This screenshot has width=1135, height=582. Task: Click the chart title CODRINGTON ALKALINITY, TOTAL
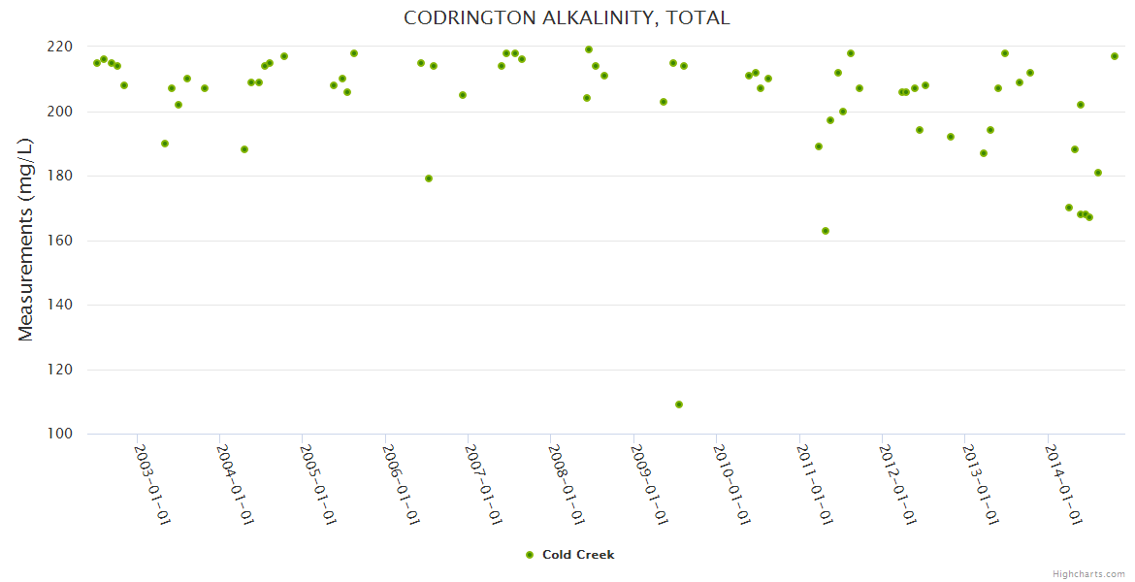point(567,18)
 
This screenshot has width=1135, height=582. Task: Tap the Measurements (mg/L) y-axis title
point(26,240)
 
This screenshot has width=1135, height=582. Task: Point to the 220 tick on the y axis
point(60,47)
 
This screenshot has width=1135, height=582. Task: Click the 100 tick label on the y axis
point(60,434)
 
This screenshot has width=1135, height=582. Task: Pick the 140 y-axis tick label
point(60,305)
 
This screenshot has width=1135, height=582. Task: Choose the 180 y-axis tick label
point(60,176)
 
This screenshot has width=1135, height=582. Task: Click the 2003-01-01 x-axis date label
point(152,485)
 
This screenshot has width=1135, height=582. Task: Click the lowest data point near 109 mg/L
point(679,404)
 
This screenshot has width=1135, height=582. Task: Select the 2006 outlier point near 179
point(429,178)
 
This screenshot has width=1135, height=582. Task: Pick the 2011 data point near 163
point(826,231)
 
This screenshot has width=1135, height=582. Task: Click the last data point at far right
point(1115,56)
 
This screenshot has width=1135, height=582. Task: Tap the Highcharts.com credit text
point(1088,573)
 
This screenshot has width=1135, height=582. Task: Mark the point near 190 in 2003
point(165,144)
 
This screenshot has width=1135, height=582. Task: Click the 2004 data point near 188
point(244,149)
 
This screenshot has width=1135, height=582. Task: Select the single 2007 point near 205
point(463,95)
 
